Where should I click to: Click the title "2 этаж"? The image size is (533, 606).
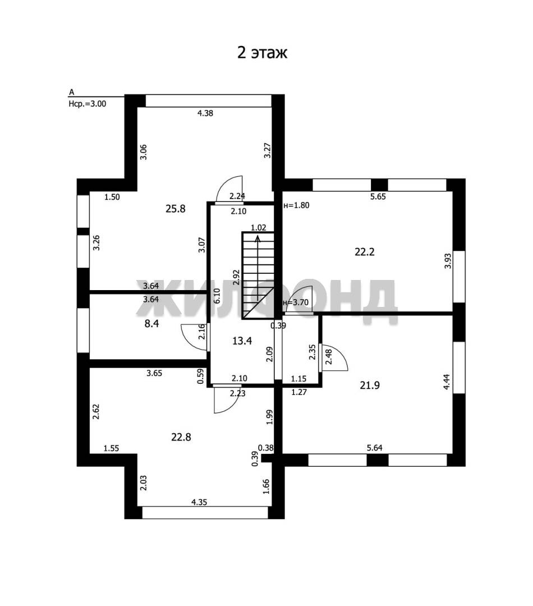click(262, 53)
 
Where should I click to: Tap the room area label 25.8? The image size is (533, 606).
click(176, 209)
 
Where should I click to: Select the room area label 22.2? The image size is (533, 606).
click(365, 252)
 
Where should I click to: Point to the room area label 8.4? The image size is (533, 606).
click(151, 324)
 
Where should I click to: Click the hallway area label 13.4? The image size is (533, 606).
click(242, 341)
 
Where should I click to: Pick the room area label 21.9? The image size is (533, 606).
click(370, 385)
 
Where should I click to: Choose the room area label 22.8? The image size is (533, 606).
click(181, 437)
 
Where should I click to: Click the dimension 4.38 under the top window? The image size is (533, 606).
click(205, 113)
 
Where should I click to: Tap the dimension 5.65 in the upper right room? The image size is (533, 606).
click(378, 196)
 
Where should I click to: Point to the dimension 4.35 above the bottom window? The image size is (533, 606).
click(199, 502)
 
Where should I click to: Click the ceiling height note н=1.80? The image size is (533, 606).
click(296, 205)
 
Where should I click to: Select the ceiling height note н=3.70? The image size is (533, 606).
click(296, 302)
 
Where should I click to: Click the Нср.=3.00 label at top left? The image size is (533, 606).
click(88, 104)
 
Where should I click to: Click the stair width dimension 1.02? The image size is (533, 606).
click(258, 228)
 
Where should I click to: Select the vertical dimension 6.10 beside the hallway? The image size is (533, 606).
click(217, 296)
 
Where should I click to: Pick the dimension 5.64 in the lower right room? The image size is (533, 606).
click(375, 448)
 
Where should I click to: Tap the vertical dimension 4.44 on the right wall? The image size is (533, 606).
click(447, 382)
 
